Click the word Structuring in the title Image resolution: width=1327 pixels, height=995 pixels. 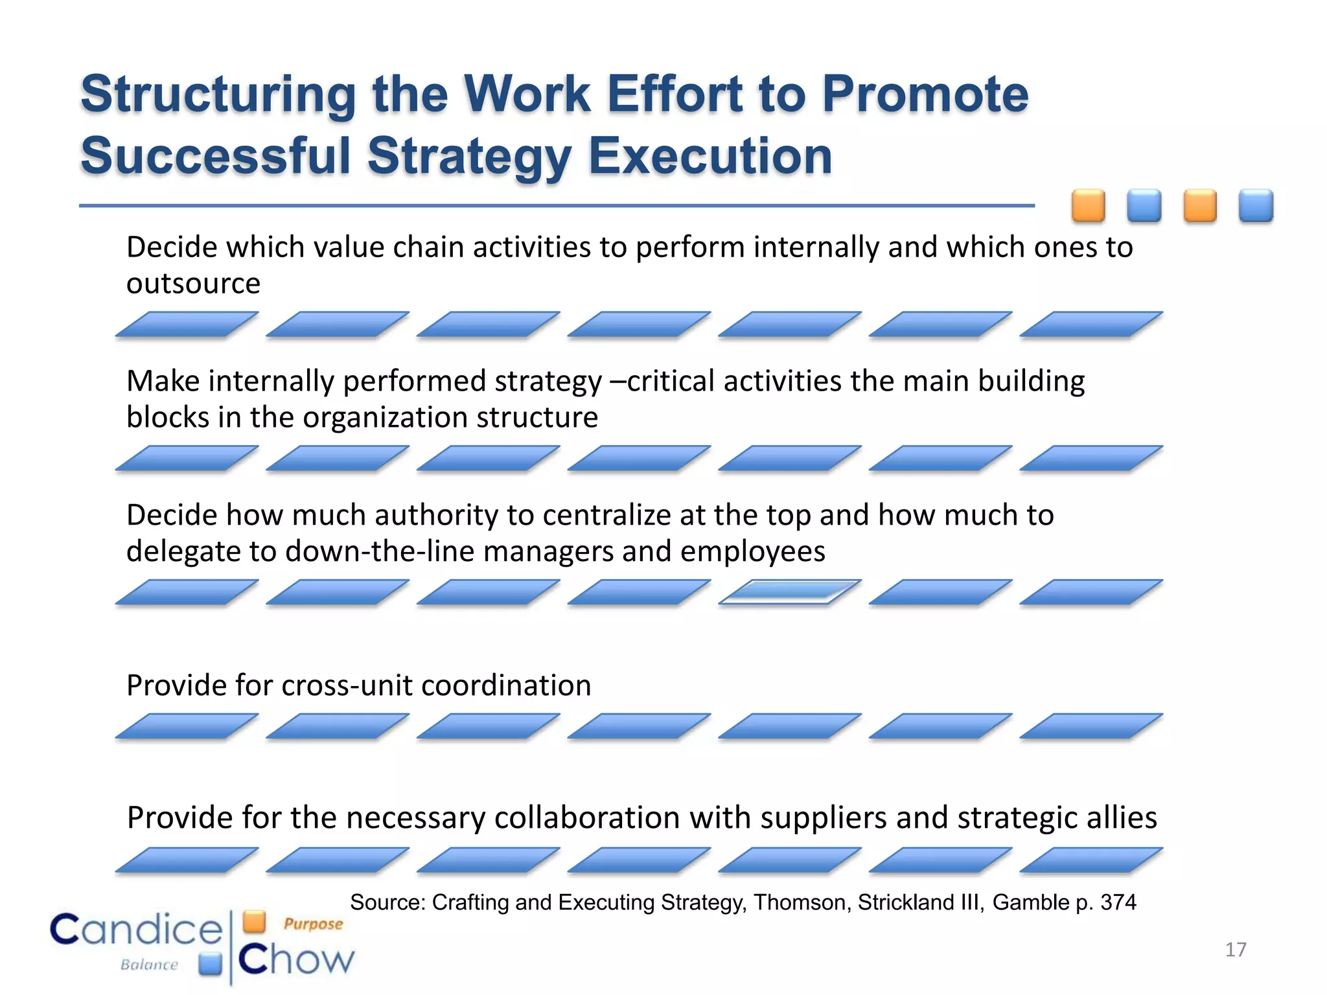click(x=218, y=95)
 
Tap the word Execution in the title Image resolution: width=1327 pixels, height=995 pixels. click(x=710, y=157)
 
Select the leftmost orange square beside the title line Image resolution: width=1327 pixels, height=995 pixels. click(x=1088, y=206)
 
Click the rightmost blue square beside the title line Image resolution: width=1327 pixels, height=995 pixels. click(x=1256, y=206)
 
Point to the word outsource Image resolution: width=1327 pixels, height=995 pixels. click(x=193, y=284)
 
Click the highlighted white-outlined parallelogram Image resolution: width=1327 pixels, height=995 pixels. click(x=790, y=592)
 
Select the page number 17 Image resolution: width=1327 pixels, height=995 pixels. click(x=1235, y=950)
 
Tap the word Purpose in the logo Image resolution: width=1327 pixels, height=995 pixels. click(x=313, y=924)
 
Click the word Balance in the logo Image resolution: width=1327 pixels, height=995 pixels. click(x=149, y=965)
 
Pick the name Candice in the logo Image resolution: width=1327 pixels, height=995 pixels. click(x=136, y=930)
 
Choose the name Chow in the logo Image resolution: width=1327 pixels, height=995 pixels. click(x=296, y=960)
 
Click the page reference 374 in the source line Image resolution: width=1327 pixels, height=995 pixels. click(x=1118, y=902)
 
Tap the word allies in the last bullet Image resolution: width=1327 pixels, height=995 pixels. click(x=1122, y=818)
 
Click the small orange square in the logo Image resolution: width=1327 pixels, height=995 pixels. click(x=255, y=921)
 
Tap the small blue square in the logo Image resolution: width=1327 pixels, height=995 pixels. click(x=211, y=964)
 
